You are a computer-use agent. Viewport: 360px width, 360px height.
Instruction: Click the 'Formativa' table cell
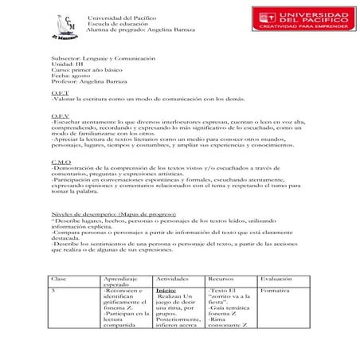[275, 292]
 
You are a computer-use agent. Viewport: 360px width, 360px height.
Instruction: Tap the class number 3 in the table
[53, 292]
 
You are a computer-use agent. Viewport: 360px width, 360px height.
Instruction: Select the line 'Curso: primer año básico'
[84, 71]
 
